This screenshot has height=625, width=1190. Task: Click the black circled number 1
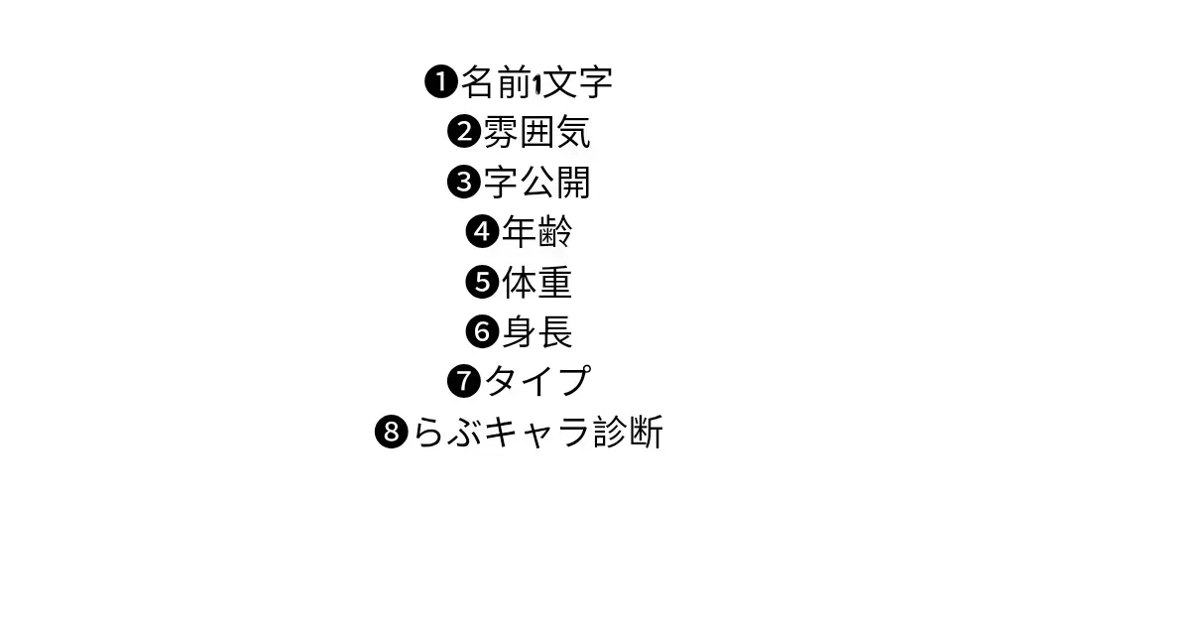440,82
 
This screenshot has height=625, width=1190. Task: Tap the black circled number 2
464,132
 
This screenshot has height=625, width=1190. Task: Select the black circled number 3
464,183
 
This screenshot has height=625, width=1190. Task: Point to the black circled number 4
482,232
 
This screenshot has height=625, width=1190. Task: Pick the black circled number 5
482,283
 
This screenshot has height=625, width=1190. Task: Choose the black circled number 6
482,331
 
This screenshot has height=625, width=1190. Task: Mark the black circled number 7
464,381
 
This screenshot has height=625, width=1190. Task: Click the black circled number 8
392,433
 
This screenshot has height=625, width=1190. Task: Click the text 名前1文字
536,82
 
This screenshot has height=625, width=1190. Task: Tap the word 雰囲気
536,132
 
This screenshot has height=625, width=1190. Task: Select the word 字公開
536,183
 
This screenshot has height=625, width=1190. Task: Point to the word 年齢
536,232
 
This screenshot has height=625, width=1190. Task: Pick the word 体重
536,283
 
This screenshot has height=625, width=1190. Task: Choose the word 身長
536,331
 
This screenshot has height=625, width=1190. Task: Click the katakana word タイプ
536,381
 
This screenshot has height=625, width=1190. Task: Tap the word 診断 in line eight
628,433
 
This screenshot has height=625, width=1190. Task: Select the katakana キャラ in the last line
536,433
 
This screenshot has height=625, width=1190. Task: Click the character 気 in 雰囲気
573,132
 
